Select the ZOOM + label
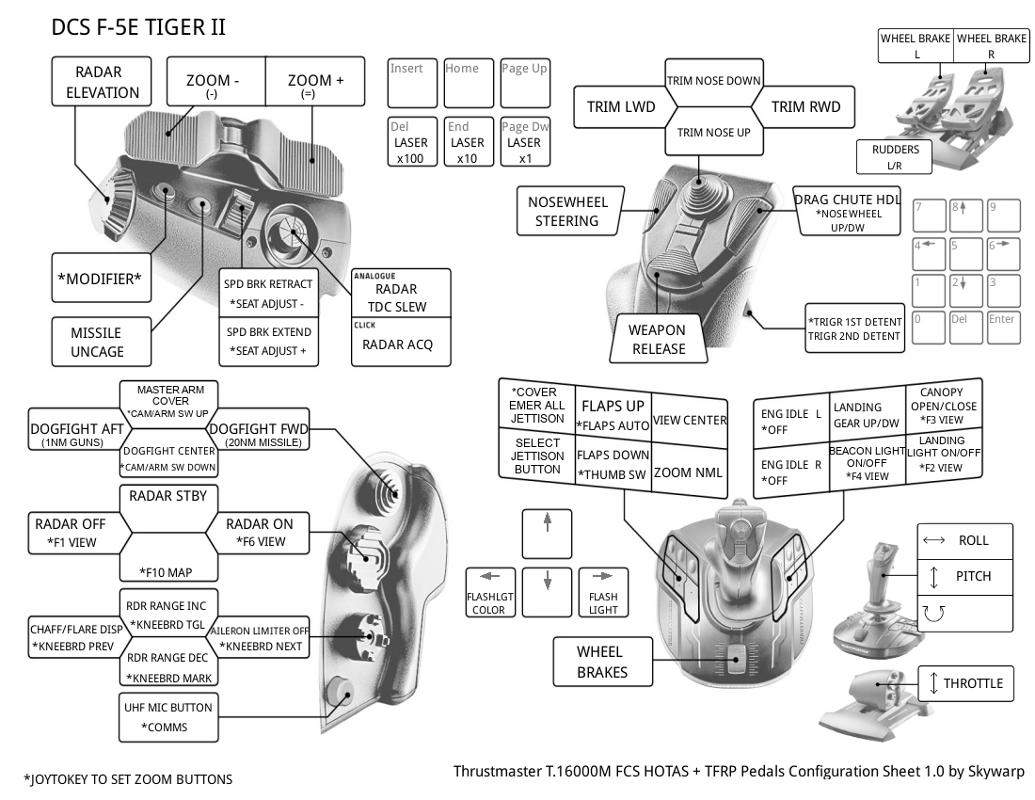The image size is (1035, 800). tap(315, 85)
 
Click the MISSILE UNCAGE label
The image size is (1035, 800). tap(96, 342)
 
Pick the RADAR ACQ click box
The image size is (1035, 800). tap(398, 344)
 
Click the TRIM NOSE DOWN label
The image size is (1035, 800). tap(713, 80)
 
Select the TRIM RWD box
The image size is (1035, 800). tap(805, 106)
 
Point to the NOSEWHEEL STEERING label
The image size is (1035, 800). tap(567, 212)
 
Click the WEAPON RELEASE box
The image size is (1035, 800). tap(658, 339)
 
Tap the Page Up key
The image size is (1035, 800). tap(524, 82)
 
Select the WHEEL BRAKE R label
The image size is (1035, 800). tap(991, 46)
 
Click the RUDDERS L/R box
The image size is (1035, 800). tap(895, 157)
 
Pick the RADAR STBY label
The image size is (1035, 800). tap(167, 495)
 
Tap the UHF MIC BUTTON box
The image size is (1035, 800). tap(168, 716)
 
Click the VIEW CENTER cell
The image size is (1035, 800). tap(690, 420)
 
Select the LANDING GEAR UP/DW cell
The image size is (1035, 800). tap(867, 415)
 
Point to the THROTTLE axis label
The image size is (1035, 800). tap(965, 683)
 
